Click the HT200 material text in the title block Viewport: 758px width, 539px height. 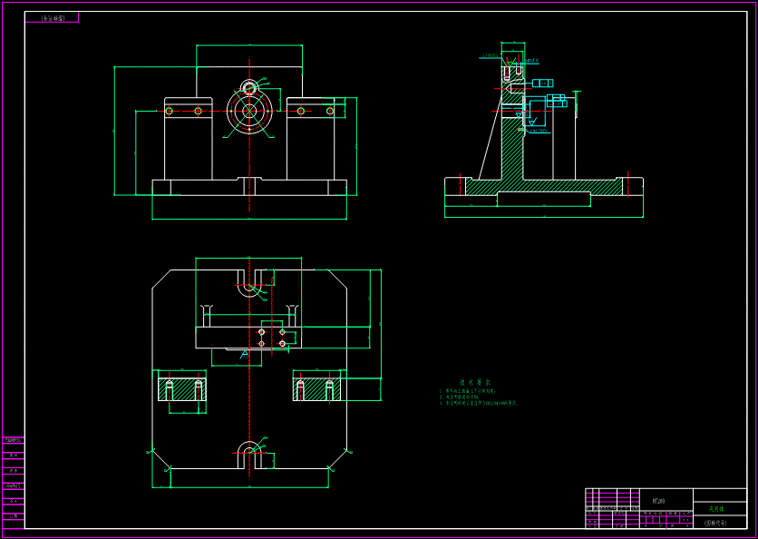[x=658, y=500]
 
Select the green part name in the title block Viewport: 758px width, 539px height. [x=716, y=509]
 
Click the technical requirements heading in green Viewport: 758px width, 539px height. [x=474, y=383]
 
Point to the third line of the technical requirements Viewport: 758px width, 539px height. [x=479, y=403]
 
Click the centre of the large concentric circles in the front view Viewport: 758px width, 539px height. [x=248, y=112]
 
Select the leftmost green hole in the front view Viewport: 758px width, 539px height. [x=169, y=112]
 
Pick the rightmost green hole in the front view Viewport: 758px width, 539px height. [x=330, y=112]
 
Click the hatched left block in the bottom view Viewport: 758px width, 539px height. [x=182, y=390]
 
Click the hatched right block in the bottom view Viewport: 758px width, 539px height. [x=316, y=390]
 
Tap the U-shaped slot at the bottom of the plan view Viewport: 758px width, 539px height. [x=248, y=454]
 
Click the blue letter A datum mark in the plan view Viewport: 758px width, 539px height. [x=244, y=354]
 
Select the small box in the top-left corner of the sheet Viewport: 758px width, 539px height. [x=52, y=17]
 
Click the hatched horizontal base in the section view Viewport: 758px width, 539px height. [x=544, y=187]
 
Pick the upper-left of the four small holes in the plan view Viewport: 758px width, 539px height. [x=261, y=332]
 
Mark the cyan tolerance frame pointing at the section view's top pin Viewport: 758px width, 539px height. [x=542, y=83]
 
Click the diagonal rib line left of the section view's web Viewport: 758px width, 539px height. [x=490, y=136]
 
